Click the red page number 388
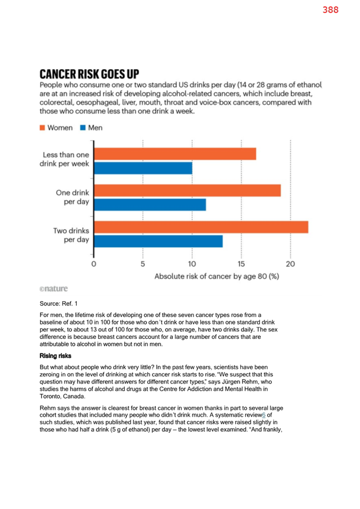(331, 10)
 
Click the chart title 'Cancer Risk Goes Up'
(90, 74)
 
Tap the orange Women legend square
(42, 127)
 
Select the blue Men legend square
(83, 127)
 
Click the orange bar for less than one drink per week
(175, 154)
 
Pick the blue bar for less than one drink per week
(143, 168)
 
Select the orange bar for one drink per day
(188, 191)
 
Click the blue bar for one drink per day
(150, 205)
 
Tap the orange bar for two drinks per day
(201, 227)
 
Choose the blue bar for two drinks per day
(158, 241)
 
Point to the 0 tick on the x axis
(93, 264)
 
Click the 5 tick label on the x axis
(142, 264)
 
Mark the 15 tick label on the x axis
(241, 264)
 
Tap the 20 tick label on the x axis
(291, 264)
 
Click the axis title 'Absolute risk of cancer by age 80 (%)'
(217, 276)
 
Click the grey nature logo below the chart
(54, 288)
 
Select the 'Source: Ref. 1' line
(59, 303)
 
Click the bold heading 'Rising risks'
(55, 356)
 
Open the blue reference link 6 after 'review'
(264, 415)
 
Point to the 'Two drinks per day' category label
(71, 235)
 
